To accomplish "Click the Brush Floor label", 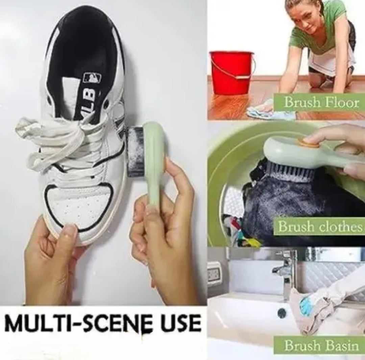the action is pyautogui.click(x=322, y=103).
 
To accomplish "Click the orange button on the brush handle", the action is pyautogui.click(x=307, y=142).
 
